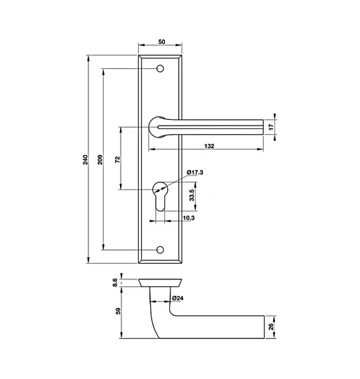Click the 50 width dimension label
[162, 42]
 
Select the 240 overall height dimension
[86, 159]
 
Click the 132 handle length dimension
[209, 146]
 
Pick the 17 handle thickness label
[272, 127]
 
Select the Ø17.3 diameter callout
[194, 173]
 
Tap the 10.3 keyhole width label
[188, 219]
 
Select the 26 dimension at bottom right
[272, 325]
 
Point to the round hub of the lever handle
[159, 127]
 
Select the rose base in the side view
[161, 282]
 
